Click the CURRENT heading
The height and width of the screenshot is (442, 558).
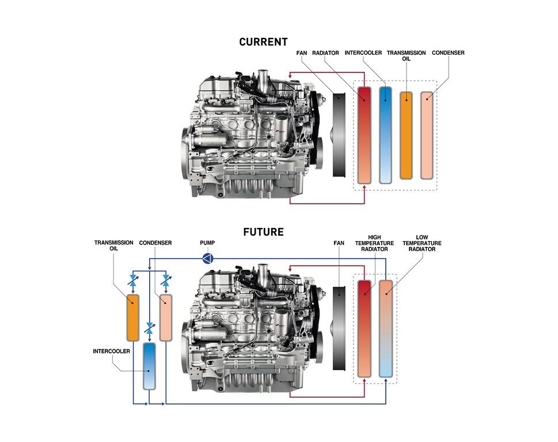[263, 42]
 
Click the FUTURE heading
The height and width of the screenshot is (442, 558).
[263, 233]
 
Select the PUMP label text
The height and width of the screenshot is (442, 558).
[207, 243]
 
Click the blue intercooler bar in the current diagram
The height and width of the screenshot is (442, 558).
[386, 135]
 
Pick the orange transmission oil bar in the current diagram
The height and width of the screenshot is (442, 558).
[407, 135]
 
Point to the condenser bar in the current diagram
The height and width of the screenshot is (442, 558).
[427, 135]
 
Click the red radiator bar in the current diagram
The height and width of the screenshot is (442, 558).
[365, 135]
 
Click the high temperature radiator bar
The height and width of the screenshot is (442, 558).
[365, 328]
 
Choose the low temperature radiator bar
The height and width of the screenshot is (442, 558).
[386, 328]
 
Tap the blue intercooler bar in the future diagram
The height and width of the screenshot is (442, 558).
[149, 366]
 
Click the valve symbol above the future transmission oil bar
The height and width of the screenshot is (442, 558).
[133, 281]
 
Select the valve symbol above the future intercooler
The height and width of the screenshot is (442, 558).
[149, 329]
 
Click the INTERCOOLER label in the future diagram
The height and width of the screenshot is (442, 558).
[111, 350]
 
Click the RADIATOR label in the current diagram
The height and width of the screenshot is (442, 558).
[325, 53]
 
